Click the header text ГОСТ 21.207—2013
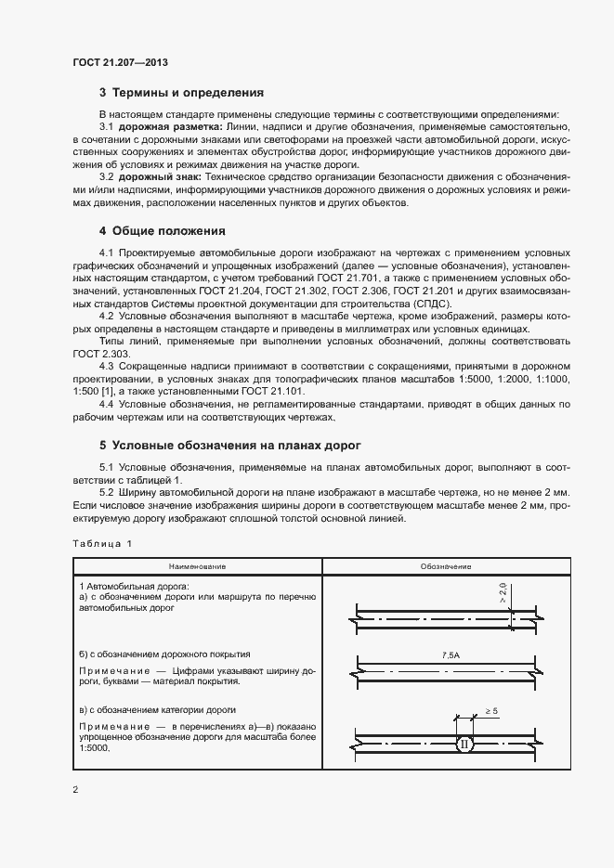tap(121, 62)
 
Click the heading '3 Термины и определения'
tap(181, 93)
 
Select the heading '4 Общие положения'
tap(162, 230)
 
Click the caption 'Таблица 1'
tap(103, 543)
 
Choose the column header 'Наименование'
tap(197, 566)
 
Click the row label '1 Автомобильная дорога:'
tap(134, 587)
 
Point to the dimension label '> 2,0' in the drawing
tap(502, 592)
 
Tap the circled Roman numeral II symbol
tap(464, 744)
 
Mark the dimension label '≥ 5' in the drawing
tap(491, 711)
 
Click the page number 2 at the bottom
tap(76, 790)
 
